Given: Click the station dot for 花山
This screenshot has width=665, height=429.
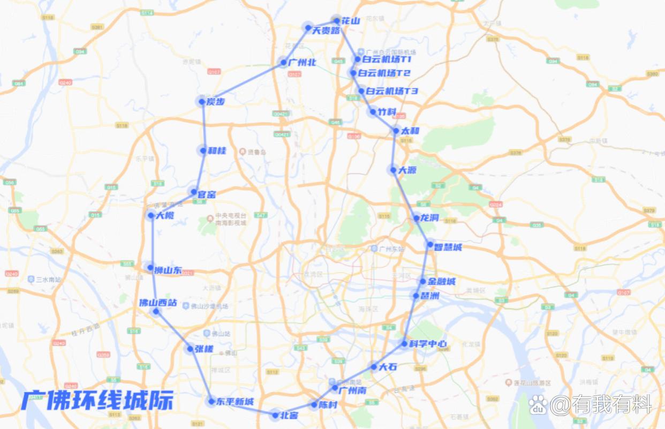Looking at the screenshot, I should pos(337,21).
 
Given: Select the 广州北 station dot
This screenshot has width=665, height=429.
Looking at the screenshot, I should pos(284,63).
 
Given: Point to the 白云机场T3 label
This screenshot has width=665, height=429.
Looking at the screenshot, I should pos(392,92).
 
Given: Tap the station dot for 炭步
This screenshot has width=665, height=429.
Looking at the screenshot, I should pos(202,101).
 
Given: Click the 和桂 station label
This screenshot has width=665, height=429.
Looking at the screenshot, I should pos(217,151).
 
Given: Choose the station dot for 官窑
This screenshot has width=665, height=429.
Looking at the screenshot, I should pos(194,191).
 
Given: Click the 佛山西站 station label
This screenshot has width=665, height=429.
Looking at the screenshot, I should pos(158,303).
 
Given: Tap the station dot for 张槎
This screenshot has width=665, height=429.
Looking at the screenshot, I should pos(190,349).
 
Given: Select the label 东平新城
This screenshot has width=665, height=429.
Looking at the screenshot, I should pos(235,402).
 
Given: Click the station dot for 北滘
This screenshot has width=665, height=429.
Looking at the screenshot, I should pos(276,415).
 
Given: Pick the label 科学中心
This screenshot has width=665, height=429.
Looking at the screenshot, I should pos(427,344).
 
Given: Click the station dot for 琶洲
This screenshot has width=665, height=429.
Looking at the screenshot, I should pos(416,295).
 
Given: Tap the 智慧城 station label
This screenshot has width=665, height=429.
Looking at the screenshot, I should pos(448,247).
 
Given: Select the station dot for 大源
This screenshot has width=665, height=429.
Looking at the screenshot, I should pos(394,170).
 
